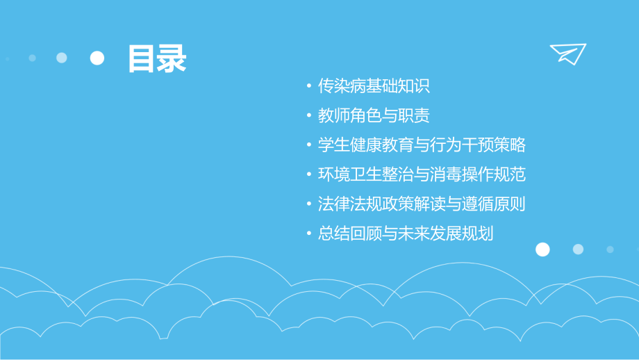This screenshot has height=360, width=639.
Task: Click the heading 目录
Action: [x=157, y=59]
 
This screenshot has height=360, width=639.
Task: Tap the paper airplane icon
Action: [x=567, y=53]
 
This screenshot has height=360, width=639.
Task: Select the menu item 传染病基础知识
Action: [x=374, y=86]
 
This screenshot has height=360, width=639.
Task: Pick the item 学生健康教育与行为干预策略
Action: [x=422, y=145]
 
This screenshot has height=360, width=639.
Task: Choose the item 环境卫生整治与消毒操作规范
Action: [x=422, y=174]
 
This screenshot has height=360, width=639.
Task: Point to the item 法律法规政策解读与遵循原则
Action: [x=422, y=204]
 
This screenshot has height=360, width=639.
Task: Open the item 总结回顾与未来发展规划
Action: [x=406, y=234]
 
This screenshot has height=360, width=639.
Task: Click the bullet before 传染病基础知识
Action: [x=309, y=87]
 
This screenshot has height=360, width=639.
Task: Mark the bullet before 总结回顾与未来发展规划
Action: [x=309, y=234]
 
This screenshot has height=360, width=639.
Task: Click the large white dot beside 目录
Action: [x=97, y=58]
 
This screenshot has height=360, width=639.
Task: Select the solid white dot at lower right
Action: [x=542, y=249]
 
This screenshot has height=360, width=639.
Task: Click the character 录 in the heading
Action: [x=172, y=59]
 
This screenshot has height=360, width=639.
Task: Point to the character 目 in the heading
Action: [x=142, y=59]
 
